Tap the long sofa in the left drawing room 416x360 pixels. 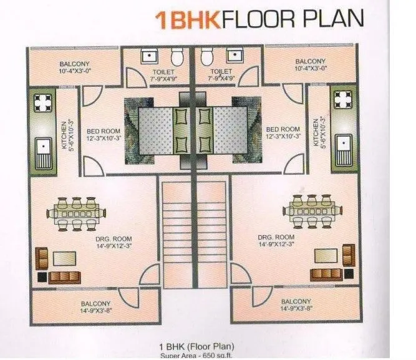tap(64, 276)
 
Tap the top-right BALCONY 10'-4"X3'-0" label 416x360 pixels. tap(309, 65)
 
